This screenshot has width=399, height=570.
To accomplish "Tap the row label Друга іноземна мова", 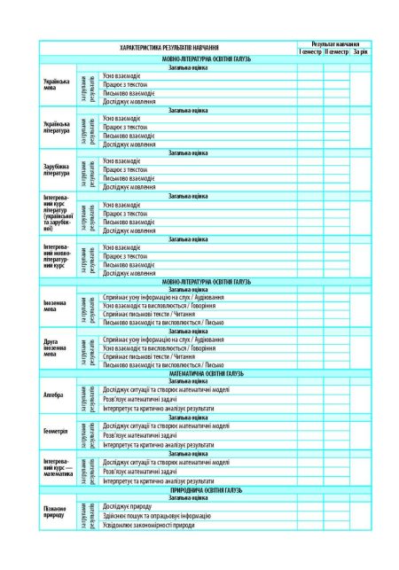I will [56, 347].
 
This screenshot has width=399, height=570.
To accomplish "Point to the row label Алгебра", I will [53, 394].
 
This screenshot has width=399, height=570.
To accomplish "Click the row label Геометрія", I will [55, 432].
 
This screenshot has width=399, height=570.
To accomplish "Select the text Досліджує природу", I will [131, 505].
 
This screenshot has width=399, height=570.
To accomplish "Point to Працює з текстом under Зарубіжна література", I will [125, 169].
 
